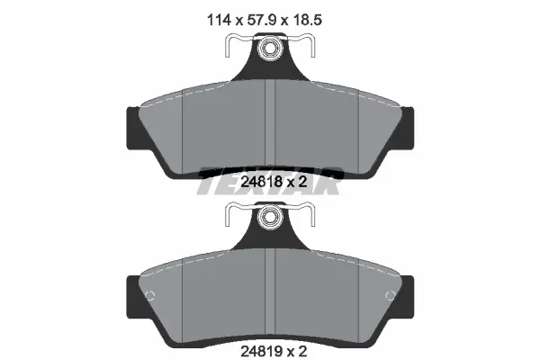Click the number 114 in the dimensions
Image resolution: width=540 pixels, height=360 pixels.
coord(219,20)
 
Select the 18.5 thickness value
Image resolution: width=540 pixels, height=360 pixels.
coord(307,20)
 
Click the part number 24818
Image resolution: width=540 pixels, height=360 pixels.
coord(261,182)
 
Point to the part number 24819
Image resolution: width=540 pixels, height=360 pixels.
coord(261,351)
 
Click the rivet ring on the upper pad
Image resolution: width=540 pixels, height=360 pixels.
coord(270,47)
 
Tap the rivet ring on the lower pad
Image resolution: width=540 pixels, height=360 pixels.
coord(270,216)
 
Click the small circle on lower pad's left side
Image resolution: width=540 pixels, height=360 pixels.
coord(150,295)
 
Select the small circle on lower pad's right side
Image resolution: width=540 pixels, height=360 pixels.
coord(390,295)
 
